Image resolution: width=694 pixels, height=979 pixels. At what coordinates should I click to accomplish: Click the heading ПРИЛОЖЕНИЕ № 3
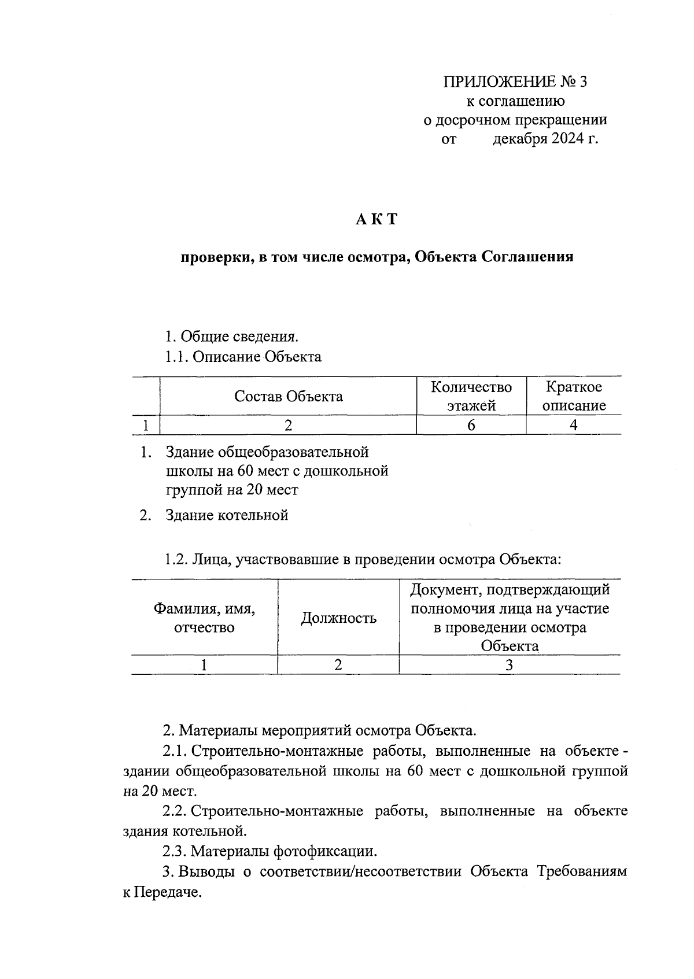tap(515, 82)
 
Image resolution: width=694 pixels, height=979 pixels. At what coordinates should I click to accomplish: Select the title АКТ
tap(376, 219)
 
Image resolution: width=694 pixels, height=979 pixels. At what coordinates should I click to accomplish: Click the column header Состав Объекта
tap(288, 396)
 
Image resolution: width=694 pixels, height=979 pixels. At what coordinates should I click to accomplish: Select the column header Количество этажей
tap(471, 396)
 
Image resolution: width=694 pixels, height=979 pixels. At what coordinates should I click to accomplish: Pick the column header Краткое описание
tap(574, 396)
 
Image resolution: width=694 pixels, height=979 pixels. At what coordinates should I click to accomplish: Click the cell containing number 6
tap(471, 425)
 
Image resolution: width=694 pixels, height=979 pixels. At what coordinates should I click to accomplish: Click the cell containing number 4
tap(573, 425)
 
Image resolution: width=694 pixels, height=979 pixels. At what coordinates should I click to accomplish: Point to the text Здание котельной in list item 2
tap(227, 515)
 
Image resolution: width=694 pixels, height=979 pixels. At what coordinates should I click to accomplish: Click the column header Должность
tap(338, 618)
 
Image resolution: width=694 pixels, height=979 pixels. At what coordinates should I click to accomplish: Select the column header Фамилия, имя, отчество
tap(204, 618)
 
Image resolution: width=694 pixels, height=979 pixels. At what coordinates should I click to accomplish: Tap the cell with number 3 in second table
tap(509, 665)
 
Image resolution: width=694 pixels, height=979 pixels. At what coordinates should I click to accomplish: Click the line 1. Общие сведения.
tap(231, 336)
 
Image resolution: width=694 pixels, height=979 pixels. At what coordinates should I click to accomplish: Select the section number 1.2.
tap(175, 559)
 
